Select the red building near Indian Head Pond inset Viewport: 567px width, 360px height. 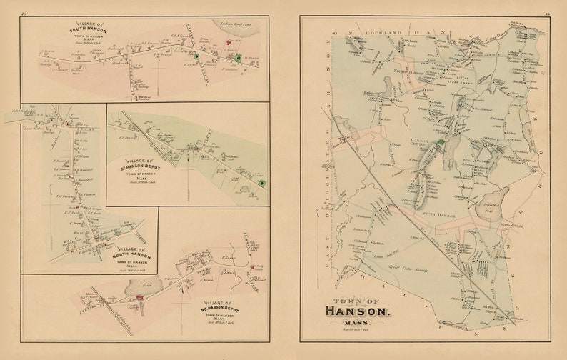(x=233, y=56)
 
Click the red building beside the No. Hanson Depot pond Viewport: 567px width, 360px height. (x=140, y=297)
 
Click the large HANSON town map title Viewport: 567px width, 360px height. (x=358, y=311)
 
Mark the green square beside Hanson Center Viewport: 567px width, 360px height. (x=441, y=144)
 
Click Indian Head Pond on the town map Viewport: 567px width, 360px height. (x=494, y=202)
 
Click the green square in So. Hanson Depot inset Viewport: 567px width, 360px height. (x=261, y=184)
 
